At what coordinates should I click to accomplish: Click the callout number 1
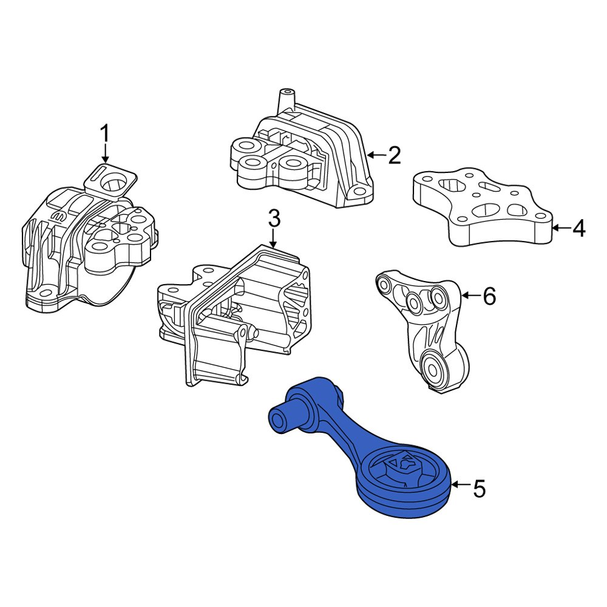point(104,134)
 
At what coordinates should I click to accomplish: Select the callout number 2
point(394,155)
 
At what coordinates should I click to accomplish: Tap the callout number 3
point(274,219)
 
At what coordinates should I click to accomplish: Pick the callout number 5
point(479,489)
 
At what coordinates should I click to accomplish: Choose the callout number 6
point(489,296)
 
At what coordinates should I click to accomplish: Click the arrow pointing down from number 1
point(104,154)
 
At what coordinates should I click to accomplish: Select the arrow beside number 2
point(376,155)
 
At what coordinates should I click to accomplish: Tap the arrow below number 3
point(273,239)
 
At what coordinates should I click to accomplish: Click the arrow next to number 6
point(471,296)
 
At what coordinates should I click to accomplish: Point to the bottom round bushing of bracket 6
point(432,366)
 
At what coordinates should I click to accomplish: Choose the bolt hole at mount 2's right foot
point(359,191)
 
